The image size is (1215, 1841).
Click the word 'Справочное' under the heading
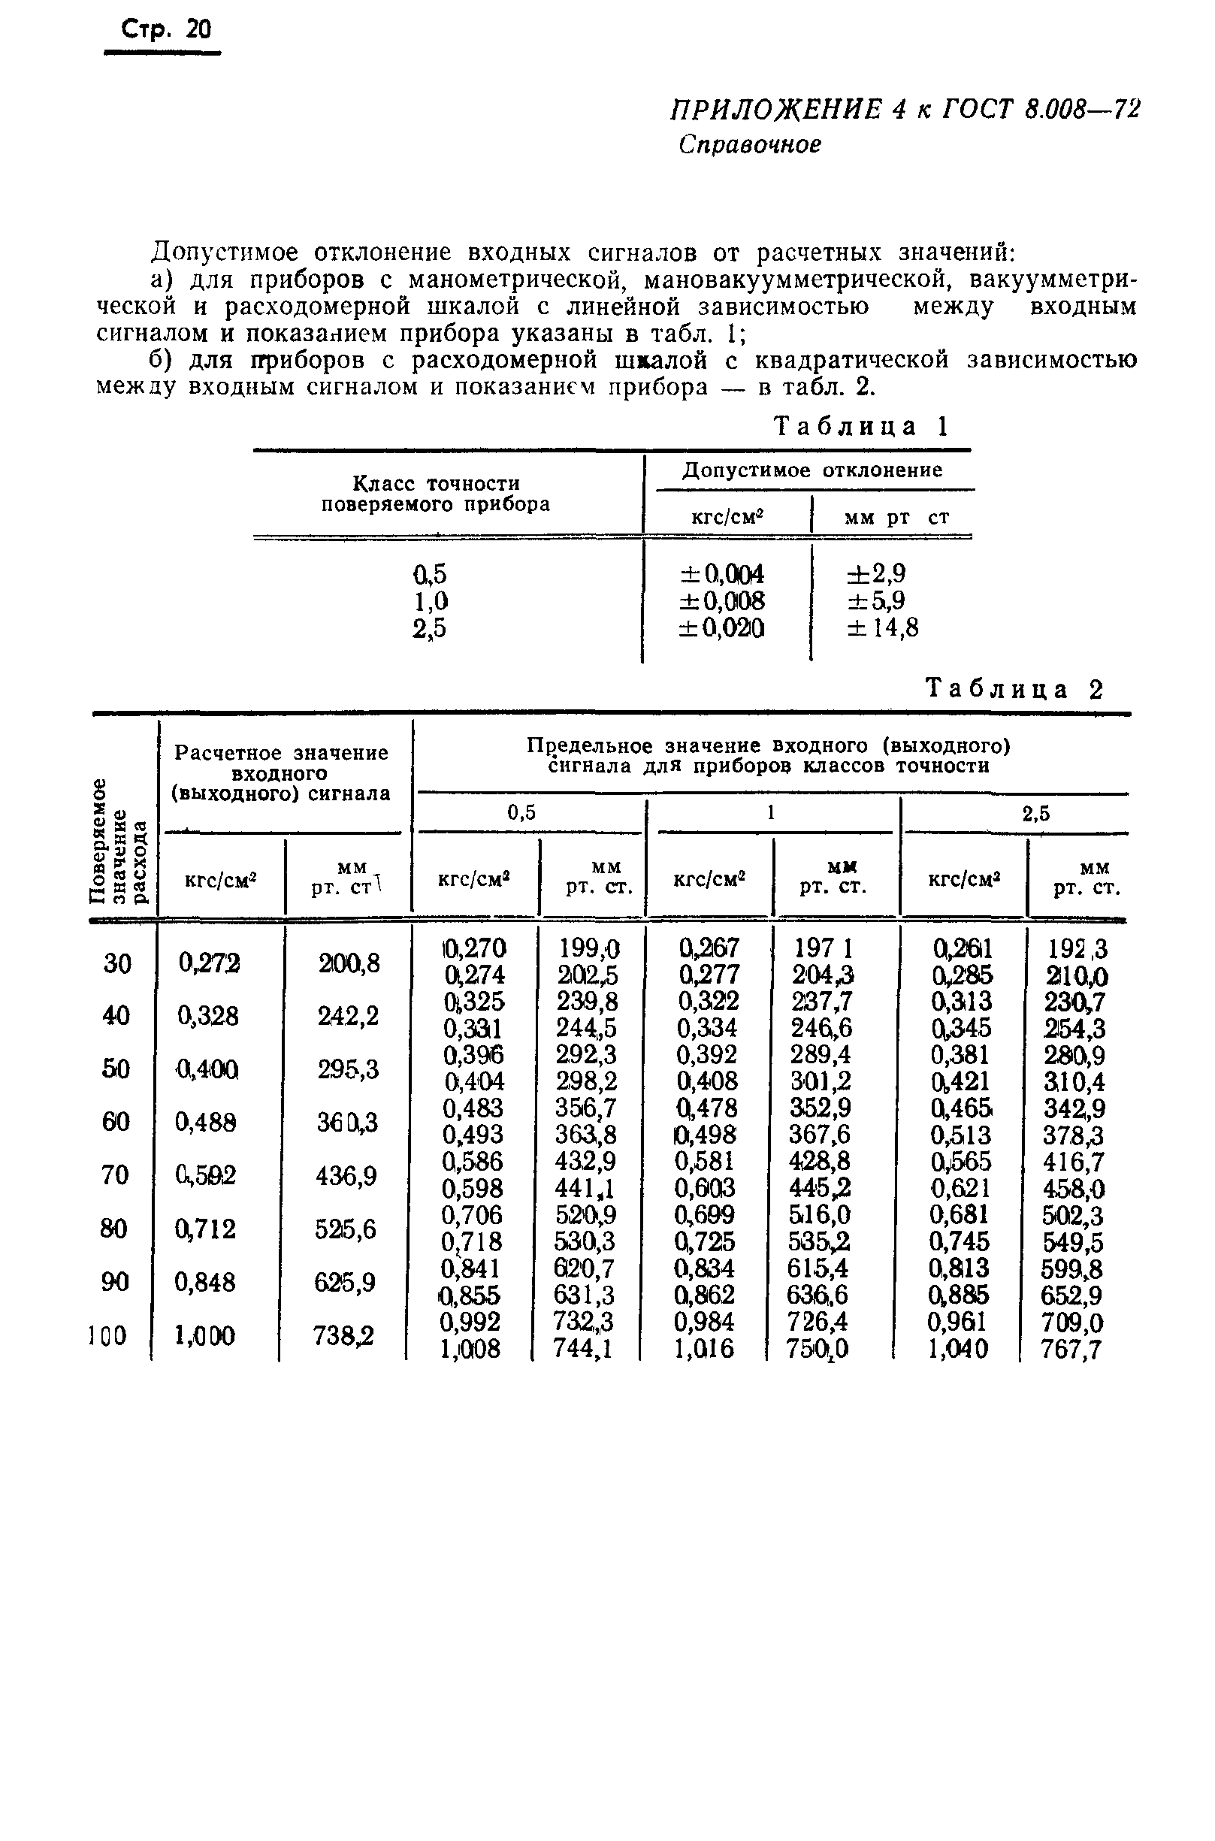pyautogui.click(x=749, y=145)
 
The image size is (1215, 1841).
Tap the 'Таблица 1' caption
pyautogui.click(x=862, y=427)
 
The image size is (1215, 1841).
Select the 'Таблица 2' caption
pyautogui.click(x=1014, y=690)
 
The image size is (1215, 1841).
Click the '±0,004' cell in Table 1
pyautogui.click(x=721, y=574)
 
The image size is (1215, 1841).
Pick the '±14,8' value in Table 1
pyautogui.click(x=883, y=627)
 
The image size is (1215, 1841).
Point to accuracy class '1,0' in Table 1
pyautogui.click(x=430, y=601)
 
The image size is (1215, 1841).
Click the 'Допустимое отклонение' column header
pyautogui.click(x=812, y=470)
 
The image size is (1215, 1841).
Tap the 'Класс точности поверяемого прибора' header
pyautogui.click(x=436, y=494)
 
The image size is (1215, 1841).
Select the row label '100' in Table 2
pyautogui.click(x=107, y=1336)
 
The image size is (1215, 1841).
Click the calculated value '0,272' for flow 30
pyautogui.click(x=208, y=963)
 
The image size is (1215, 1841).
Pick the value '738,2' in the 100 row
pyautogui.click(x=343, y=1336)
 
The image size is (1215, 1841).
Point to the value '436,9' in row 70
pyautogui.click(x=346, y=1176)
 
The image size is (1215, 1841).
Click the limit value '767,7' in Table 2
pyautogui.click(x=1071, y=1350)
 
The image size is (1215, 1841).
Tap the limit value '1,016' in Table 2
pyautogui.click(x=703, y=1349)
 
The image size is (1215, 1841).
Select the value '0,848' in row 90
pyautogui.click(x=204, y=1283)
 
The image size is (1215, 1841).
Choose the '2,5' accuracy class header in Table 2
pyautogui.click(x=1036, y=814)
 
